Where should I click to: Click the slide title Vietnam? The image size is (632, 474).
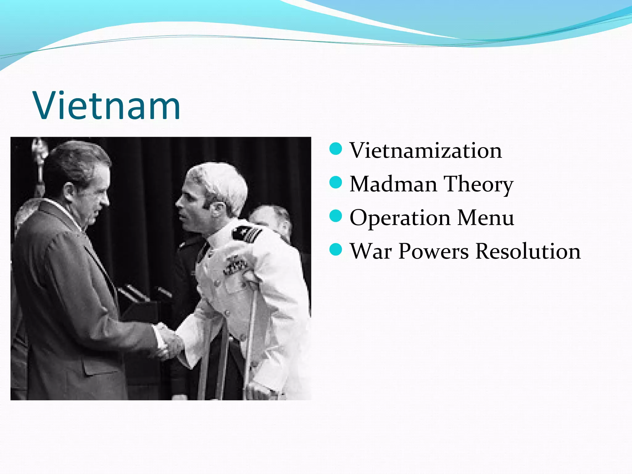[107, 106]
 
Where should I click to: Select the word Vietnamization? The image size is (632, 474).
[426, 151]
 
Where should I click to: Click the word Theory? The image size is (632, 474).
[478, 185]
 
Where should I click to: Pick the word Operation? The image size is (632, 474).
[400, 218]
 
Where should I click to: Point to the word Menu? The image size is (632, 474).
[485, 218]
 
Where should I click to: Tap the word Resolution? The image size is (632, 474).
[528, 251]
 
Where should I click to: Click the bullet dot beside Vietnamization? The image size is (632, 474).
[336, 149]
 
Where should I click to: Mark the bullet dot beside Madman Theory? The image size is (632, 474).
[336, 182]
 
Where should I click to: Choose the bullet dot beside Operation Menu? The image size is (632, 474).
[336, 216]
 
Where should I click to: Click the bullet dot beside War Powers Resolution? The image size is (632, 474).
[336, 249]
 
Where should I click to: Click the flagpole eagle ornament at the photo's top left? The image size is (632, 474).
[39, 148]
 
